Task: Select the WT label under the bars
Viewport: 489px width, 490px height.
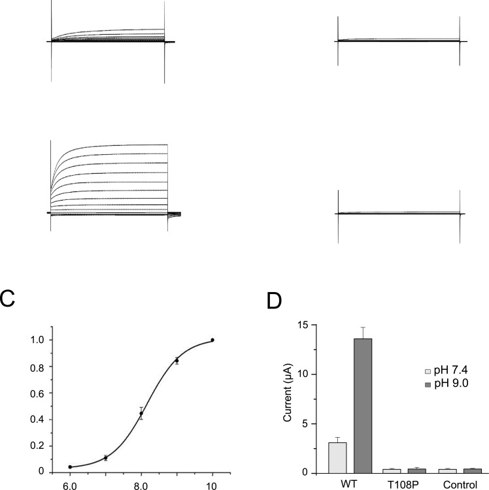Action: click(x=350, y=485)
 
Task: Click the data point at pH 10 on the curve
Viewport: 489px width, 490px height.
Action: click(x=212, y=340)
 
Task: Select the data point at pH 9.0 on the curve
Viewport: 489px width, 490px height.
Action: click(x=177, y=360)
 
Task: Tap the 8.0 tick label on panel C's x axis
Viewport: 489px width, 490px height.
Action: click(x=141, y=486)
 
